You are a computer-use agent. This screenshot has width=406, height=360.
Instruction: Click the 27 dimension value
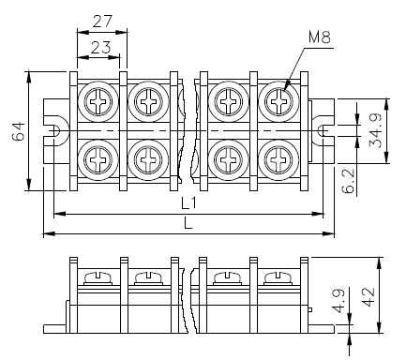(102, 22)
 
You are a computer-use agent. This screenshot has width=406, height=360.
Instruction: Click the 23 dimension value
(100, 48)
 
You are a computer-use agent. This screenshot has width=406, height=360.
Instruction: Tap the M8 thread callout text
(320, 37)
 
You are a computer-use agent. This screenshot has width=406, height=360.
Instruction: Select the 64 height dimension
(19, 131)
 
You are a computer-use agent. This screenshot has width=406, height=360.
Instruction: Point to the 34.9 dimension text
(375, 130)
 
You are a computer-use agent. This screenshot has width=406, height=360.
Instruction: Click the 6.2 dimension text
(348, 181)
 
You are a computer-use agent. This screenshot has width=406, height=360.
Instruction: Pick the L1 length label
(188, 203)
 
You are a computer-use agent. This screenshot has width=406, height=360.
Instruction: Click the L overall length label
(188, 223)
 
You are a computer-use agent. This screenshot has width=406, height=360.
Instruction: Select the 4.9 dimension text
(338, 301)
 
